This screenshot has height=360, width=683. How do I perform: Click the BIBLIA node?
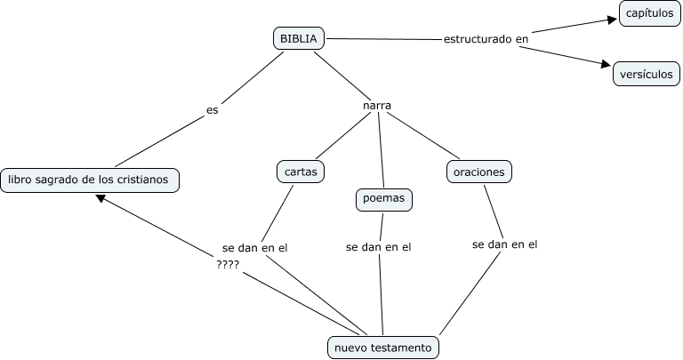[298, 38]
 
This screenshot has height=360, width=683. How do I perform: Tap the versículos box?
[647, 74]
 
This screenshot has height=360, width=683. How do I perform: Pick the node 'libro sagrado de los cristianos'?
[90, 180]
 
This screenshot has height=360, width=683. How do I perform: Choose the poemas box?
[384, 199]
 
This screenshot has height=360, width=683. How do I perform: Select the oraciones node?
[479, 170]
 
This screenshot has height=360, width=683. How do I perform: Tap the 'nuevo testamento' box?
[383, 347]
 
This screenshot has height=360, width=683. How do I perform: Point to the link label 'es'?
[212, 111]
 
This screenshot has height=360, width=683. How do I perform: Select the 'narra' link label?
[378, 106]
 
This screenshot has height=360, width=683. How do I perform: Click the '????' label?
[228, 264]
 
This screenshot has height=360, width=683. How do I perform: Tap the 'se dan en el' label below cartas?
[255, 248]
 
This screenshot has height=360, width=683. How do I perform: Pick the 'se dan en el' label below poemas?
[379, 247]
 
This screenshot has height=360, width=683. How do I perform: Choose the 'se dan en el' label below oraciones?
[505, 244]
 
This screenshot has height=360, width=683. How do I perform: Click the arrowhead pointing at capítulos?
[612, 19]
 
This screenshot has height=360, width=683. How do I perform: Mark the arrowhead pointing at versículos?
[606, 65]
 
